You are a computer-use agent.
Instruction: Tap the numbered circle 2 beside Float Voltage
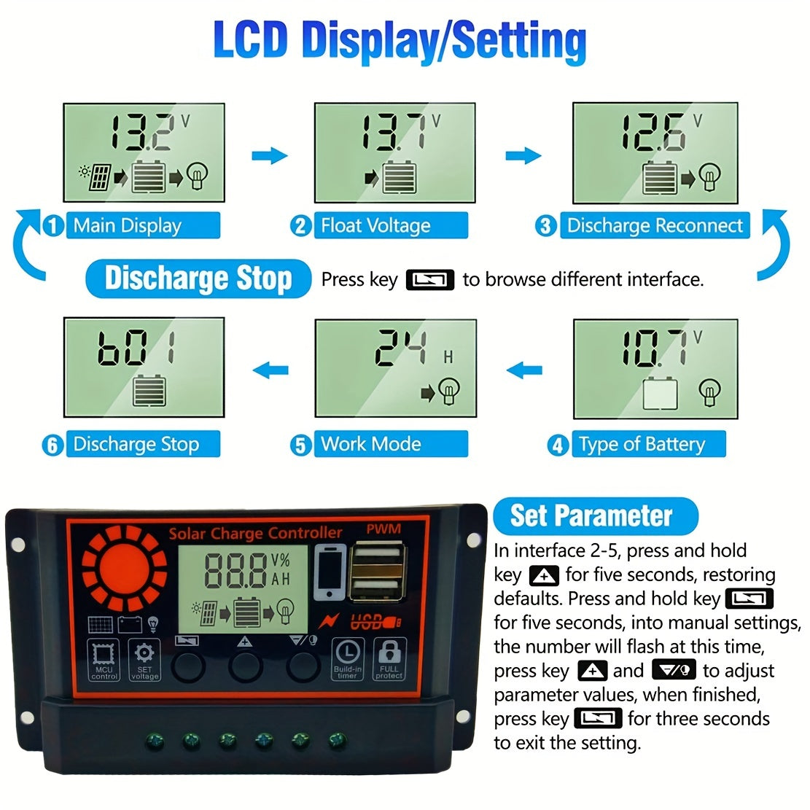pos(300,226)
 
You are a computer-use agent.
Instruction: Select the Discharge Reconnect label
pos(654,226)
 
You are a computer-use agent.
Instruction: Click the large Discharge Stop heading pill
pos(198,279)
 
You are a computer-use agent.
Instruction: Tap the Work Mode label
pos(371,444)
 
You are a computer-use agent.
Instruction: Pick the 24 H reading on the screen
pos(400,347)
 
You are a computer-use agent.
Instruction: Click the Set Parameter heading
pos(591,515)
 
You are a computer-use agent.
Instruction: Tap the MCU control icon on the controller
pos(104,660)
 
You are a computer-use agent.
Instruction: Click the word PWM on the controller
pos(383,529)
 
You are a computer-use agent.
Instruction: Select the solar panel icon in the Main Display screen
pos(100,177)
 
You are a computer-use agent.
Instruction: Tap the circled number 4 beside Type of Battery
pos(558,445)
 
